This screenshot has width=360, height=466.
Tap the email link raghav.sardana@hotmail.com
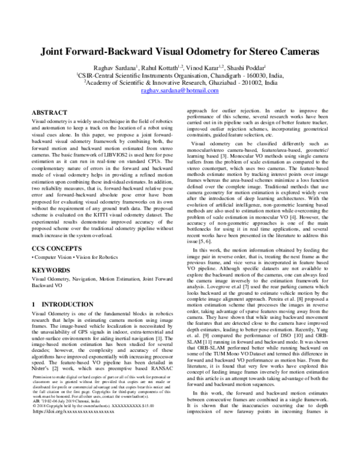180,89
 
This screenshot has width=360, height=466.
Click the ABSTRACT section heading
49,112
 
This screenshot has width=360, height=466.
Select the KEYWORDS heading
52,270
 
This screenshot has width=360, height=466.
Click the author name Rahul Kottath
158,68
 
